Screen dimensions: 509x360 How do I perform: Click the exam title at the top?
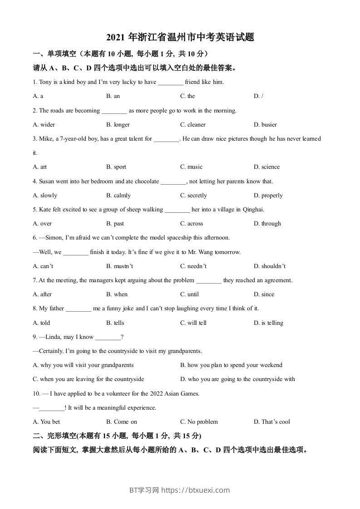coord(180,37)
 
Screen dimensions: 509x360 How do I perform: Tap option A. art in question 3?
coord(40,167)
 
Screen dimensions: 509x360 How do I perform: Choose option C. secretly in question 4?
coord(193,196)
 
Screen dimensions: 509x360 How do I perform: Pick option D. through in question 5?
coord(267,224)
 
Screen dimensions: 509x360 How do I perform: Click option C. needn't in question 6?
coord(193,266)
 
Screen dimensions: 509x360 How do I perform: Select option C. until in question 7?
coord(189,294)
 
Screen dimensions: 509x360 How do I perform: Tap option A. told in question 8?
coord(42,323)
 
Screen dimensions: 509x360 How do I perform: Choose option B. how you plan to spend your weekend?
coord(231,365)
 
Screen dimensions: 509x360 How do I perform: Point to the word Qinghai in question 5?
coord(253,210)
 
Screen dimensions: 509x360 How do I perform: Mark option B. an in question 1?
coord(113,96)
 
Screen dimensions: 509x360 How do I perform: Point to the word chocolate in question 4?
coord(146,181)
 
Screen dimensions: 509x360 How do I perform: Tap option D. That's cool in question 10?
coord(271,422)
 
